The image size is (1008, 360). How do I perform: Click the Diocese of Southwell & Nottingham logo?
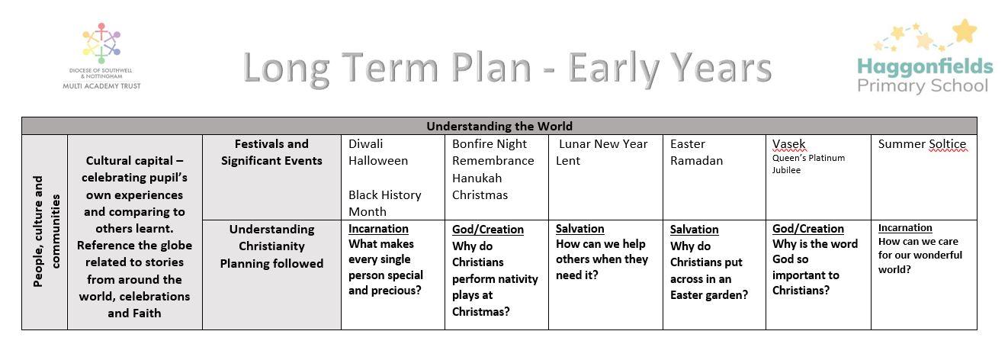101,56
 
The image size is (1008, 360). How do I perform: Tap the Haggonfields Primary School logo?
925,56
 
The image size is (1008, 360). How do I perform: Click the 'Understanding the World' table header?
499,126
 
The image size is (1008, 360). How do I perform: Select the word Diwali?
365,144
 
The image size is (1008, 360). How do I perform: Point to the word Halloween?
378,161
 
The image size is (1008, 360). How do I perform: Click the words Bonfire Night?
490,144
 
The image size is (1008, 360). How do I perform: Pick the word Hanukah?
477,178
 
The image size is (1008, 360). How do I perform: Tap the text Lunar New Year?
603,144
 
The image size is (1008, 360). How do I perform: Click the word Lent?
568,161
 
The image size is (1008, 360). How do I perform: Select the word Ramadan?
697,161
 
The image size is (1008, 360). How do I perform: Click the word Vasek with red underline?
789,144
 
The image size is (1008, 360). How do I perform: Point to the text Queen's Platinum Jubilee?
809,164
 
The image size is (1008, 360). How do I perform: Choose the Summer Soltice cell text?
922,144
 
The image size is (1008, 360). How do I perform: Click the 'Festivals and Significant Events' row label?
271,152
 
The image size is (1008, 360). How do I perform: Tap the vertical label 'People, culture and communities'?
46,231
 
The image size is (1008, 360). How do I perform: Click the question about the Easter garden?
709,271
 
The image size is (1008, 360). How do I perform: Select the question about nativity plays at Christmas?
495,278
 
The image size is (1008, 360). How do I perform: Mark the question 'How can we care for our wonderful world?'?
920,256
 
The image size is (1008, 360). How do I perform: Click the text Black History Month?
385,203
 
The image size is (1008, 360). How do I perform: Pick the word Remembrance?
493,161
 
